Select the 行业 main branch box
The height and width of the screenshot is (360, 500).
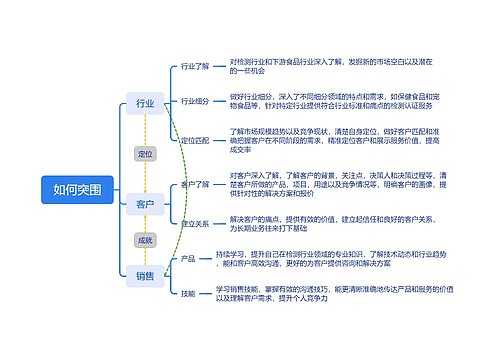pyautogui.click(x=145, y=102)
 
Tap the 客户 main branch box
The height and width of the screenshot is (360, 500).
pyautogui.click(x=145, y=204)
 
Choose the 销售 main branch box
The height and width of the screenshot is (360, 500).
pyautogui.click(x=145, y=274)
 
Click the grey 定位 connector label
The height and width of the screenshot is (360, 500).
pyautogui.click(x=145, y=153)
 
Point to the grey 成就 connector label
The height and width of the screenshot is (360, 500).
pyautogui.click(x=145, y=240)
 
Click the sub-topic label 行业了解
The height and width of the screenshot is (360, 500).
pyautogui.click(x=195, y=67)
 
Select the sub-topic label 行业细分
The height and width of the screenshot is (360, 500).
pyautogui.click(x=195, y=101)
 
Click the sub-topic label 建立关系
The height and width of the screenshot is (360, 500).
pyautogui.click(x=195, y=223)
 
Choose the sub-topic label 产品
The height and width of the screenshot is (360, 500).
pyautogui.click(x=188, y=259)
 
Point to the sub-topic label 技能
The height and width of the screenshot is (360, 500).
pyautogui.click(x=188, y=293)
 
